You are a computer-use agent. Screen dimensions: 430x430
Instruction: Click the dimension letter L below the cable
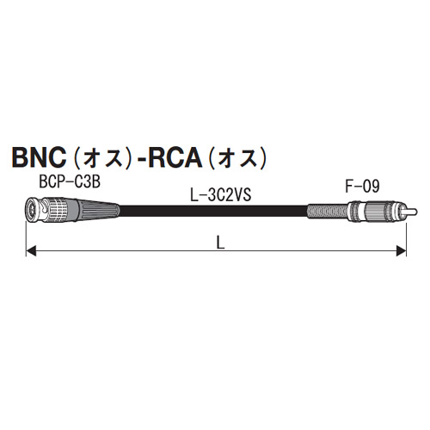click(x=220, y=243)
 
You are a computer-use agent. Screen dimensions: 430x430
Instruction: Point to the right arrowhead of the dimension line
click(x=400, y=252)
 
